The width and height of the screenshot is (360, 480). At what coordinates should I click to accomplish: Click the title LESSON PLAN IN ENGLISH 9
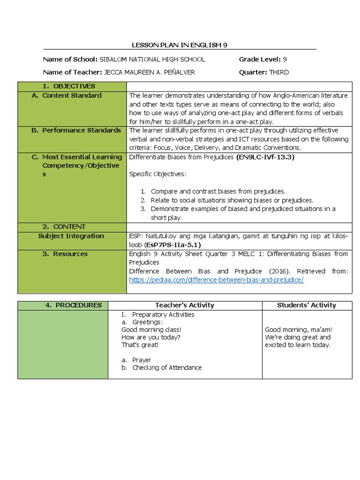(x=180, y=45)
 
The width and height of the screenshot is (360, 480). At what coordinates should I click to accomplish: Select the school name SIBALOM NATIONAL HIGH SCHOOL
(x=152, y=60)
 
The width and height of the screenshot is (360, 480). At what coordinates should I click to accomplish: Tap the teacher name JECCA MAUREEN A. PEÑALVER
(x=149, y=72)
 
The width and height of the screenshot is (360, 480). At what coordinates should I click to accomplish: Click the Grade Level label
(x=260, y=60)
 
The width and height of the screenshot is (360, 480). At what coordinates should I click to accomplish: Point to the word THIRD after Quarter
(x=279, y=72)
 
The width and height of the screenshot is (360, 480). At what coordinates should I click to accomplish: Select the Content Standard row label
(x=72, y=96)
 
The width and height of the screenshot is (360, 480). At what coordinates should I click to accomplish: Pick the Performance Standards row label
(x=76, y=130)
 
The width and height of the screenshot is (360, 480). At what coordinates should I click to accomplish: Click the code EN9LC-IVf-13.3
(x=265, y=157)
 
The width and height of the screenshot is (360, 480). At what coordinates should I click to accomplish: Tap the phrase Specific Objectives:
(x=157, y=174)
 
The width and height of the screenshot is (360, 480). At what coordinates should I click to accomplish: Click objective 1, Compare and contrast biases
(x=218, y=191)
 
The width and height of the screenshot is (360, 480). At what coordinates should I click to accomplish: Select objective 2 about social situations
(x=232, y=200)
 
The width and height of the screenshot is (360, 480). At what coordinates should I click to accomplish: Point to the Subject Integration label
(x=71, y=236)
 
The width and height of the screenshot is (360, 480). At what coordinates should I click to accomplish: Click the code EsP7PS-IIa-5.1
(x=173, y=245)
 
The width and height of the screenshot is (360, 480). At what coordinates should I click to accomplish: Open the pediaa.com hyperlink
(x=217, y=280)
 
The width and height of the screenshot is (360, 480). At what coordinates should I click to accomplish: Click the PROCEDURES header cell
(x=73, y=305)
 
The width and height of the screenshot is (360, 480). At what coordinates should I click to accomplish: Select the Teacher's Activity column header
(x=185, y=305)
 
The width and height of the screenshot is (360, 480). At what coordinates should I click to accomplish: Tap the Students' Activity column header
(x=307, y=305)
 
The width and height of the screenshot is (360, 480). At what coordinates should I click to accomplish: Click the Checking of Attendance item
(x=167, y=368)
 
